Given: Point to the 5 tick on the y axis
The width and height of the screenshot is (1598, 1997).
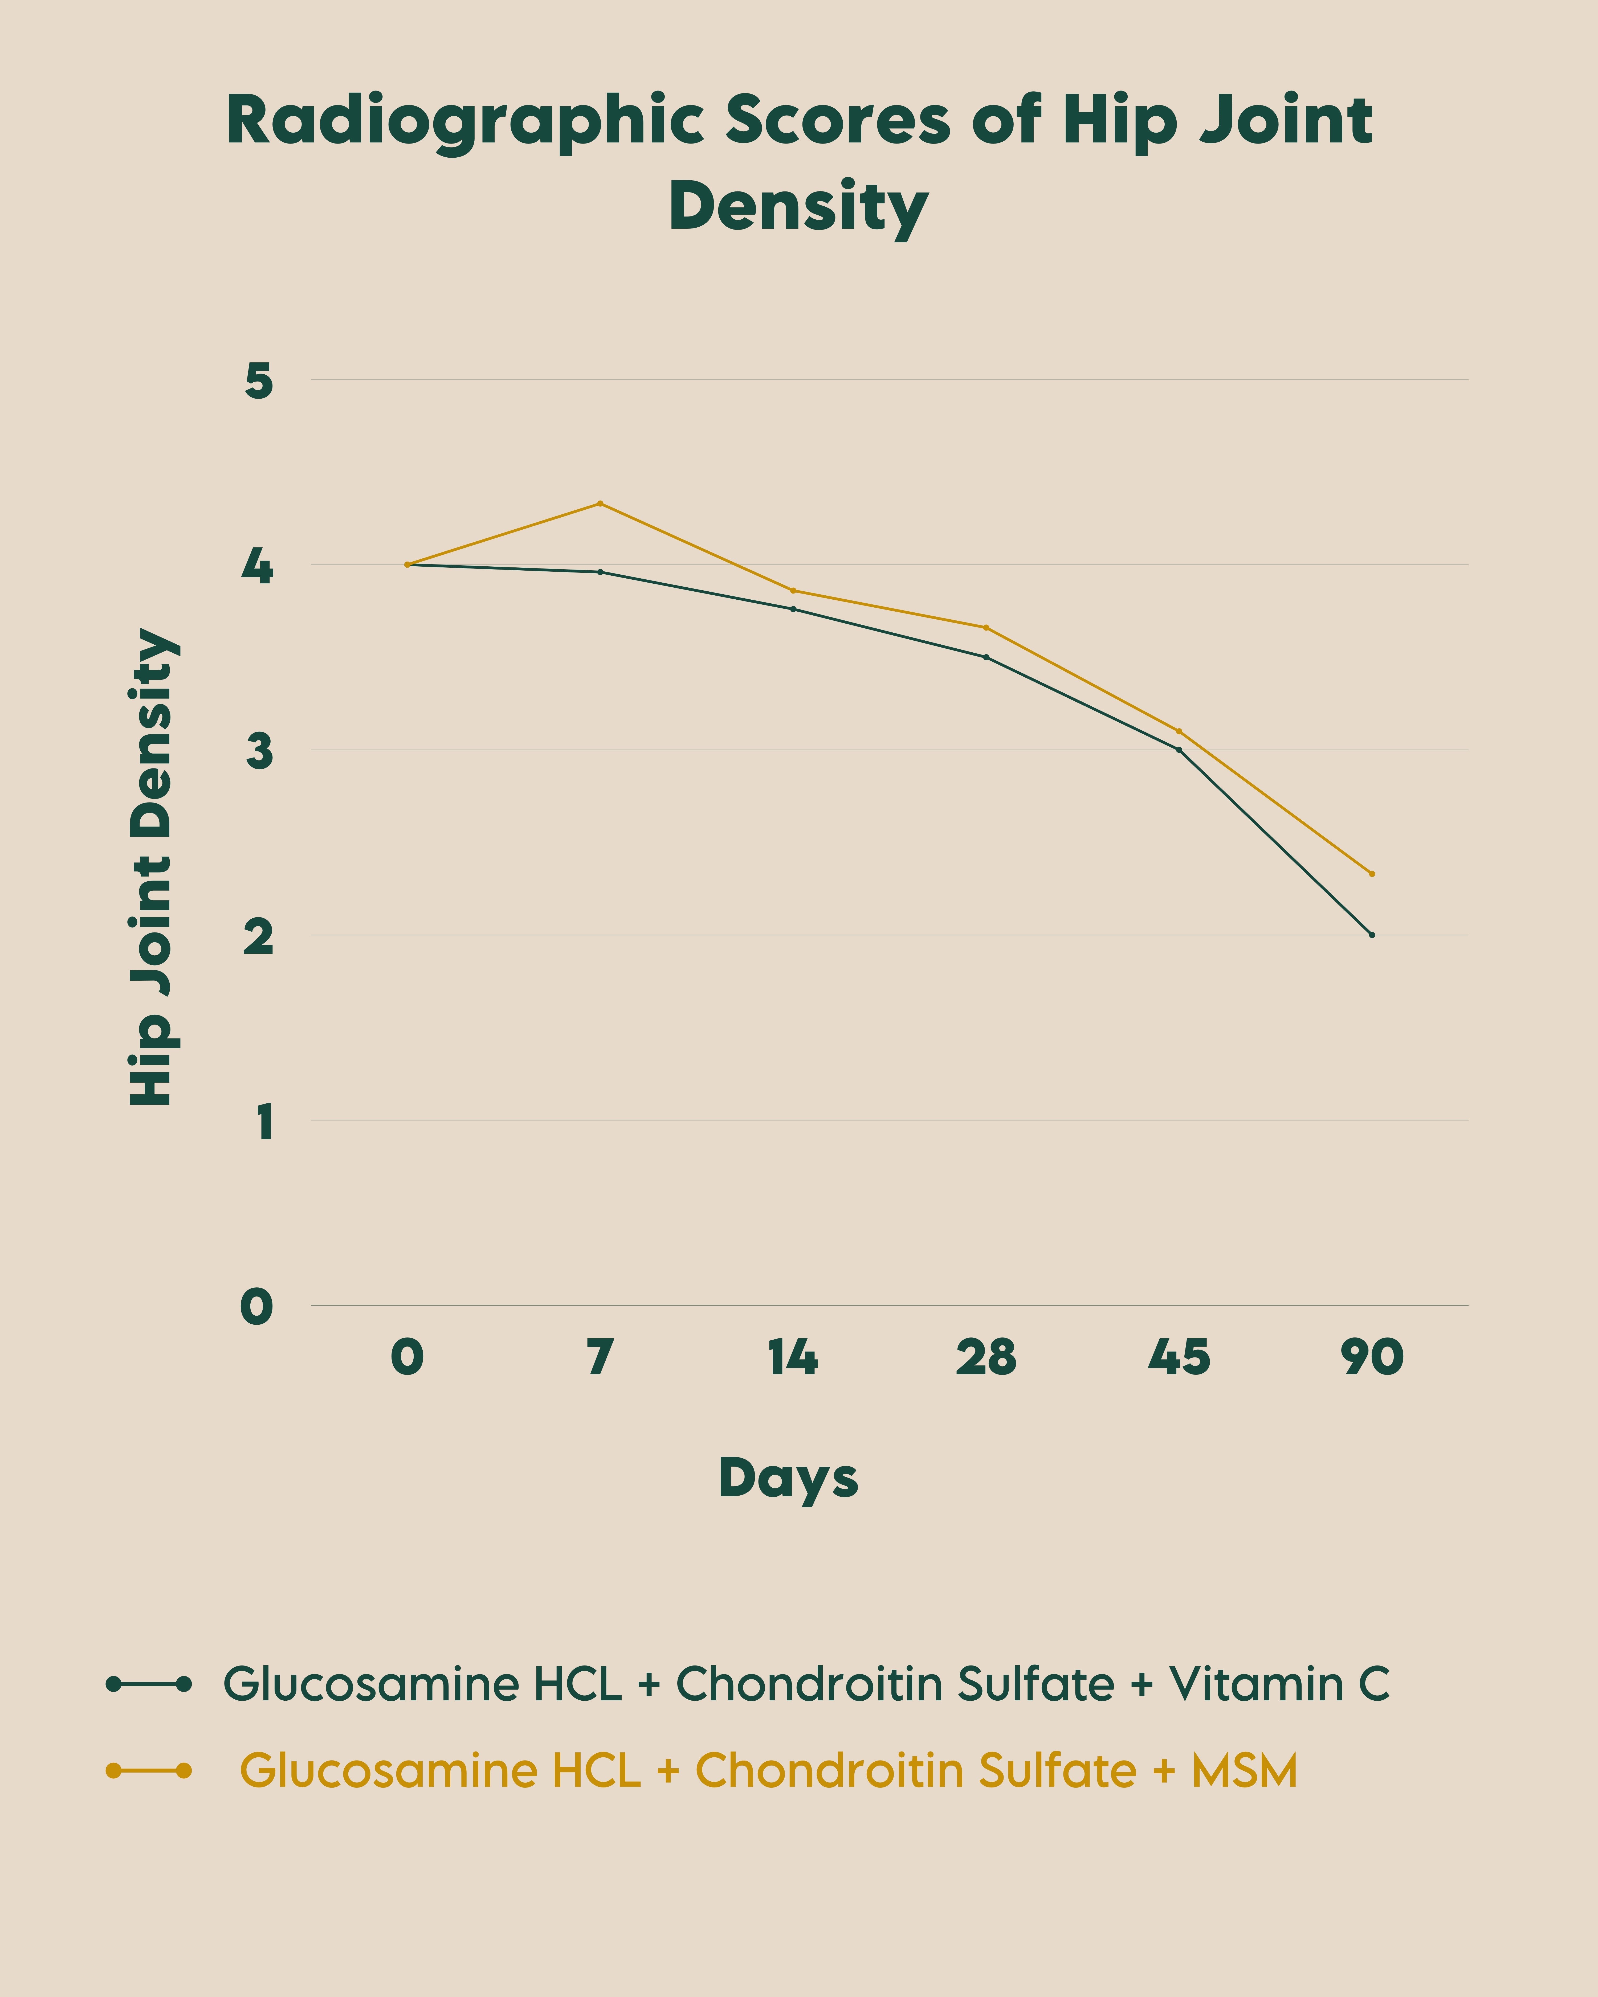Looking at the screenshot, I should click(x=259, y=381).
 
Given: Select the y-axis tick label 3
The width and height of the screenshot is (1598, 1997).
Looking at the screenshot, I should click(x=259, y=751).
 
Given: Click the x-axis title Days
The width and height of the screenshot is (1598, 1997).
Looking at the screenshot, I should click(x=788, y=1477).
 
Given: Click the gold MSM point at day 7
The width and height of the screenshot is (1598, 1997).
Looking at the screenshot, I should click(x=600, y=503).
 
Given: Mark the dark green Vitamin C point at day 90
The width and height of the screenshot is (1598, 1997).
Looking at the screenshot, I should click(x=1372, y=935).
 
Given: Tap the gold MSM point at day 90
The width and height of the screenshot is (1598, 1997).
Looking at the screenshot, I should click(x=1372, y=873).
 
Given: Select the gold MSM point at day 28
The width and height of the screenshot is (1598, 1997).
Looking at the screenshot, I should click(x=986, y=627).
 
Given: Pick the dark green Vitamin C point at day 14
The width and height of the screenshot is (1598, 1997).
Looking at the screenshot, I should click(x=793, y=608).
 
